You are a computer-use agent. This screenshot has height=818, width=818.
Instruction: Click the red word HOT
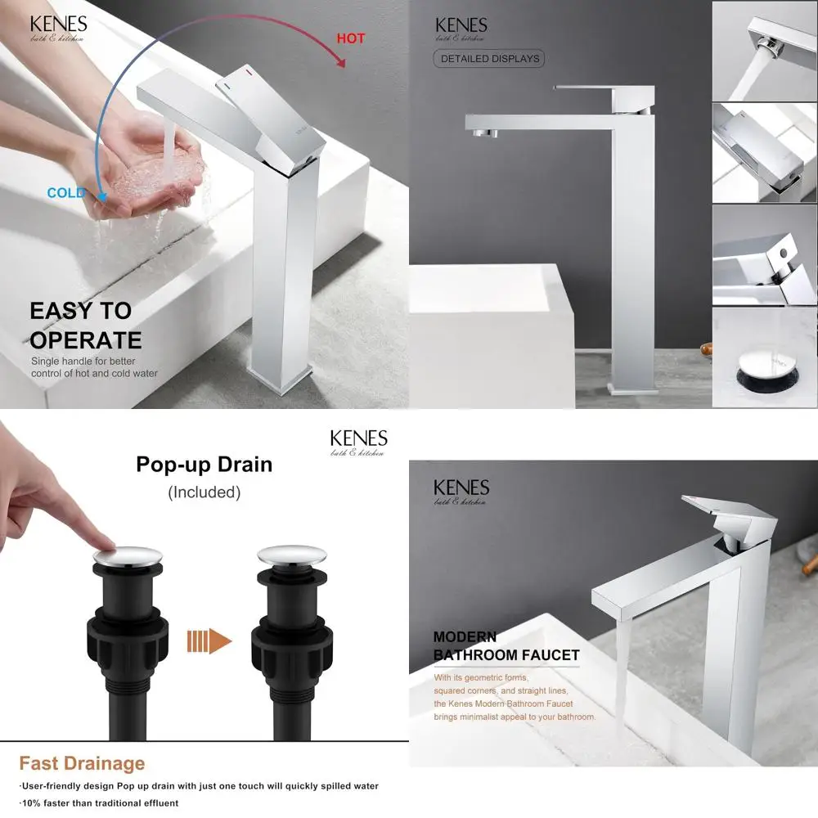point(351,38)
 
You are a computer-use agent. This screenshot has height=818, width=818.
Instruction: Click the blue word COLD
point(66,193)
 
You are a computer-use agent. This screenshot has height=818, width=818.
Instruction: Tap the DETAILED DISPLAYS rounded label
point(489,59)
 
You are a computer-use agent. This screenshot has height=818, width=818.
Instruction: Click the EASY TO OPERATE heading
point(85,325)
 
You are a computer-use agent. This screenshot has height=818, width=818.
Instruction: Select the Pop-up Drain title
point(204,465)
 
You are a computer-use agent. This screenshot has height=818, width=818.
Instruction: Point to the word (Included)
point(204,492)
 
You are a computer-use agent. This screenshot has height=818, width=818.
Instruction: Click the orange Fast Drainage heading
point(82,764)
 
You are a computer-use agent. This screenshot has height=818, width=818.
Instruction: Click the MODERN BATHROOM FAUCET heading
point(506,646)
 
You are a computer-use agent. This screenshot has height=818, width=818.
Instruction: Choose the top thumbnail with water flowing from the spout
point(764,51)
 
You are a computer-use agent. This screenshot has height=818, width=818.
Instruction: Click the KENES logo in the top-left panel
point(58,27)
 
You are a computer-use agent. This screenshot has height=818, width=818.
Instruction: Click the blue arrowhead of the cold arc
point(102,196)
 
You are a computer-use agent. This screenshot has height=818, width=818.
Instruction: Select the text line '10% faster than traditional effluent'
point(99,803)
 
